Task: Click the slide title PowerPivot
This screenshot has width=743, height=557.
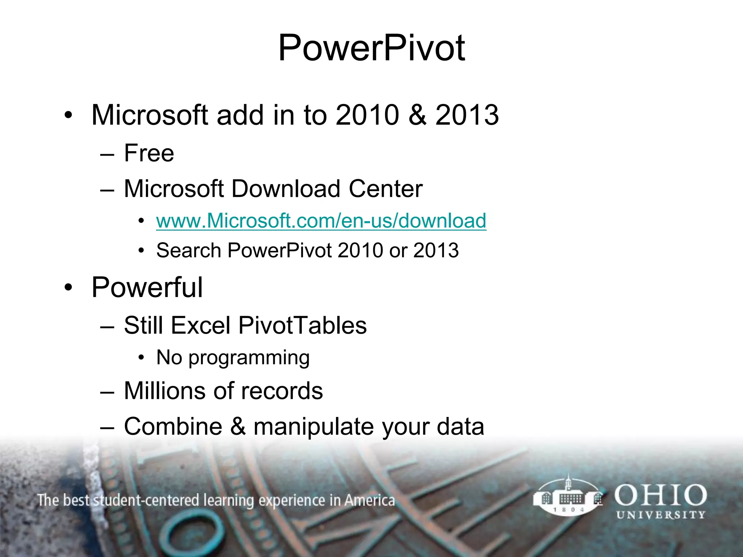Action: [x=371, y=48]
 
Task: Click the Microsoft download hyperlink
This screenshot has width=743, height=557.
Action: [x=321, y=221]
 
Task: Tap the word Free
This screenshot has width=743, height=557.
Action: [x=149, y=153]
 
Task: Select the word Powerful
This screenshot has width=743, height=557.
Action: [x=147, y=288]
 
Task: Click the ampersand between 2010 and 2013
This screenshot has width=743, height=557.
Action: [x=417, y=115]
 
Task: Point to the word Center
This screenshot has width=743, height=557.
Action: [x=386, y=189]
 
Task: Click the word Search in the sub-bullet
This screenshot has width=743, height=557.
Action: [x=189, y=251]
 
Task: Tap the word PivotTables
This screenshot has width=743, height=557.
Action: [x=302, y=325]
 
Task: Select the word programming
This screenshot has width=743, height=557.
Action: [x=249, y=358]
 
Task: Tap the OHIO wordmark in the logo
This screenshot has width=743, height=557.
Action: [x=660, y=496]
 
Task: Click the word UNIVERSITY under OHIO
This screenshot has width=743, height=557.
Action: [x=661, y=515]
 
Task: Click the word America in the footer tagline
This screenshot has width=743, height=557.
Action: [x=369, y=500]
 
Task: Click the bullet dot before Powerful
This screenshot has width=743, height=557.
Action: [x=68, y=288]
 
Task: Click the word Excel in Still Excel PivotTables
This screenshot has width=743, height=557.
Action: [x=201, y=325]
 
